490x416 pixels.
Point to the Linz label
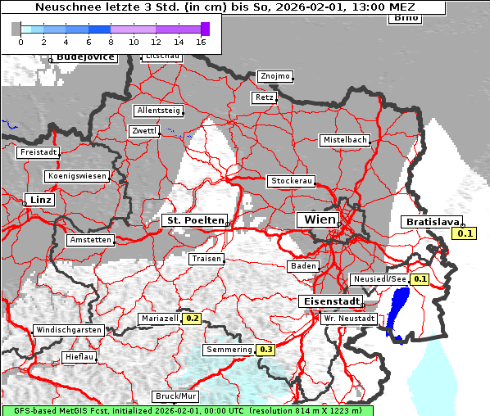point(39,200)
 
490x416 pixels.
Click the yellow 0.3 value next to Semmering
point(265,350)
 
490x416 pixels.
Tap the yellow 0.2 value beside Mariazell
point(193,319)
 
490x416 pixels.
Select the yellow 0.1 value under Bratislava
point(465,234)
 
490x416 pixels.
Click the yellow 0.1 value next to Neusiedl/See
point(420,279)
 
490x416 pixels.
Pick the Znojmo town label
point(274,76)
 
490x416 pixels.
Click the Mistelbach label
point(344,140)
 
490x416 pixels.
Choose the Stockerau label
point(291,181)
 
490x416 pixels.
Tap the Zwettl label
point(144,131)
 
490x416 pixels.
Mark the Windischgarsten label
point(68,330)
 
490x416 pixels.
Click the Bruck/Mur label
point(175,396)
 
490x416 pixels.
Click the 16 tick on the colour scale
point(201,41)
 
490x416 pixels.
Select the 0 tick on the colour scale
point(20,41)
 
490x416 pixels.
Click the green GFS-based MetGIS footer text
point(187,410)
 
